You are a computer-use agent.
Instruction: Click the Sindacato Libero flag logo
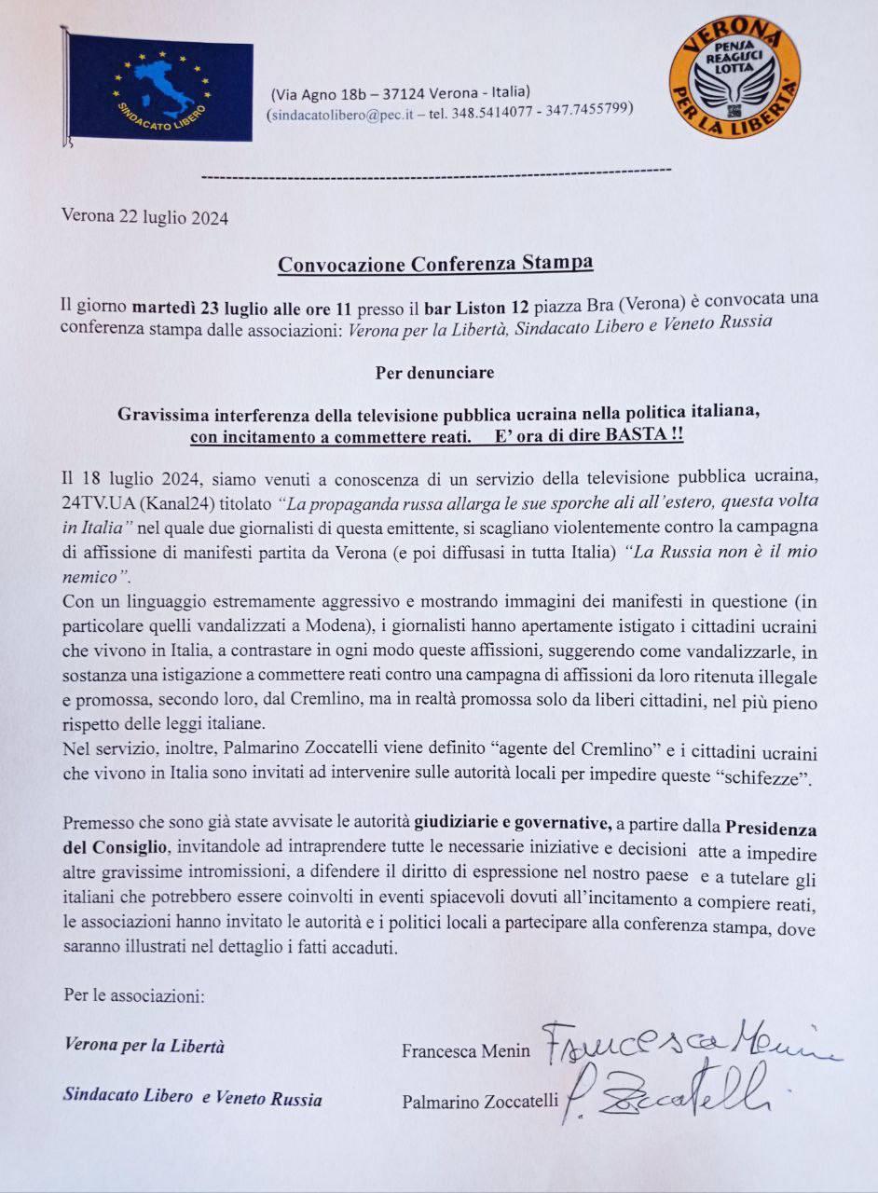click(160, 89)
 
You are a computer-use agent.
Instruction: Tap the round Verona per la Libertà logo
click(734, 79)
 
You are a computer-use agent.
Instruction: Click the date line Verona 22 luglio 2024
click(144, 218)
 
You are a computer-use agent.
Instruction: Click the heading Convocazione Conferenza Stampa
click(435, 264)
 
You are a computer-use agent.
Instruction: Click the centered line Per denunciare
click(435, 373)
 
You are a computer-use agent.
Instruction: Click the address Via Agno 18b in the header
click(321, 92)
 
